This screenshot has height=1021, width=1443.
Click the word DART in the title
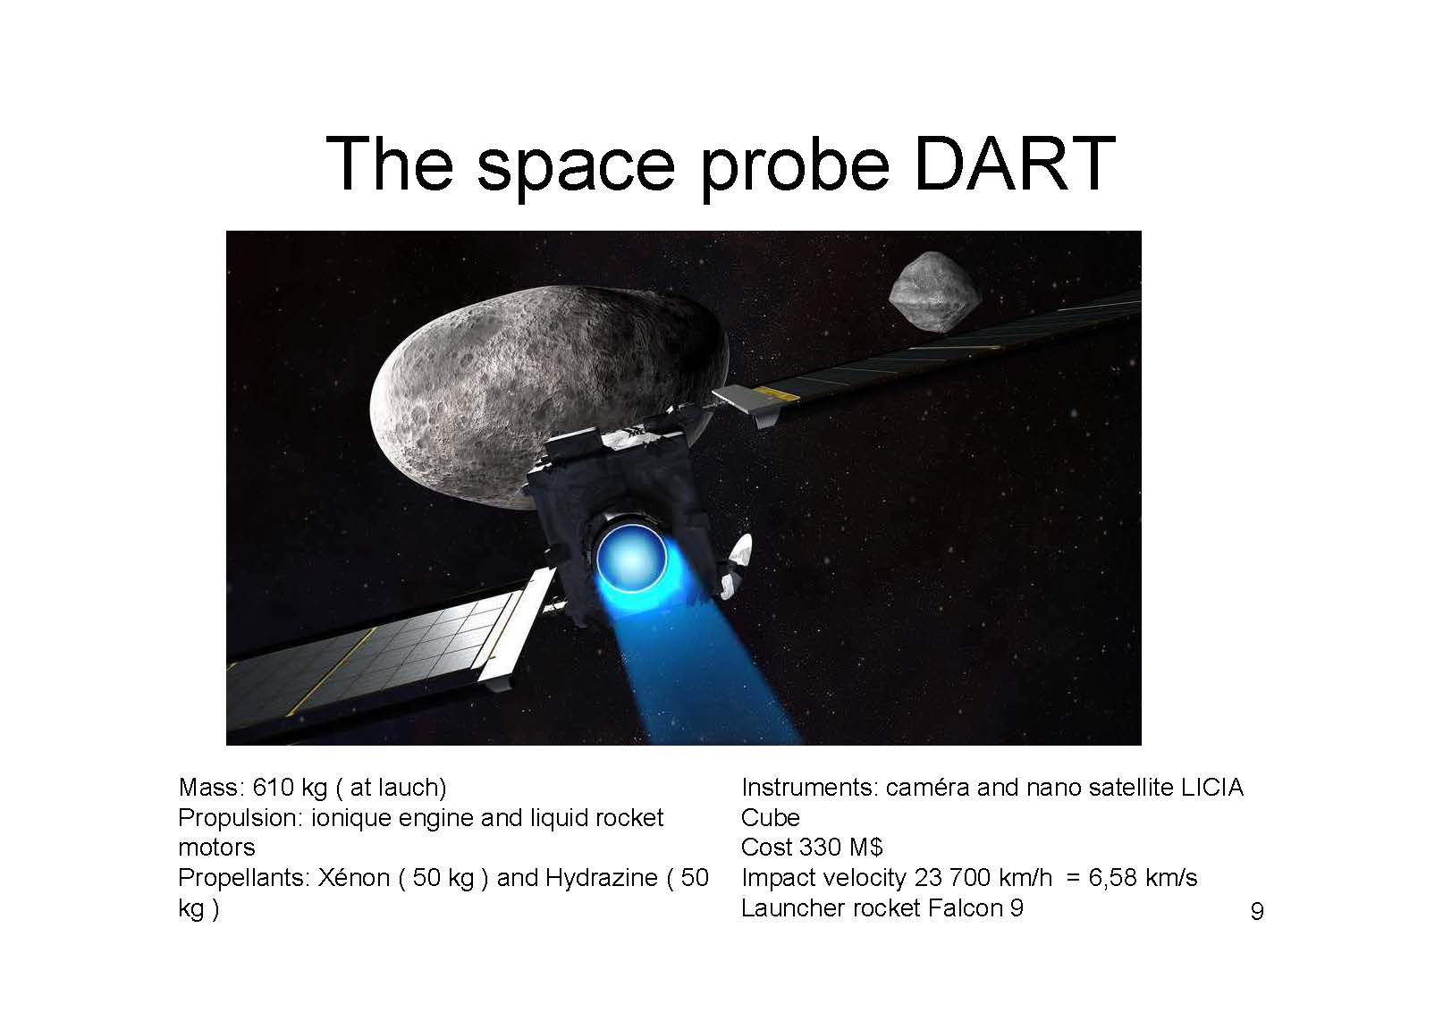1015,164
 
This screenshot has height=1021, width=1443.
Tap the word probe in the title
796,169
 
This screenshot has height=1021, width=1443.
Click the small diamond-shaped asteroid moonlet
934,291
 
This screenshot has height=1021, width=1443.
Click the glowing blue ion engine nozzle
631,558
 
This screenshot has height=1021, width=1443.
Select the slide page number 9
1257,911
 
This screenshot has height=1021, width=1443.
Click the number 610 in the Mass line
274,787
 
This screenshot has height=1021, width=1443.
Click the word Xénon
354,877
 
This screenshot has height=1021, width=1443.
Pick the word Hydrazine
602,878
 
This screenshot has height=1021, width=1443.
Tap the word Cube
771,817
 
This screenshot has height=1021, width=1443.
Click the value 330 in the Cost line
820,847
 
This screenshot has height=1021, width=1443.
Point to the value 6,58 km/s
1143,878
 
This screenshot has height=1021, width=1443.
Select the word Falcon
965,907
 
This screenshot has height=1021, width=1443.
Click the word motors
216,848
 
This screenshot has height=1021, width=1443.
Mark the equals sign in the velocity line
1073,878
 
